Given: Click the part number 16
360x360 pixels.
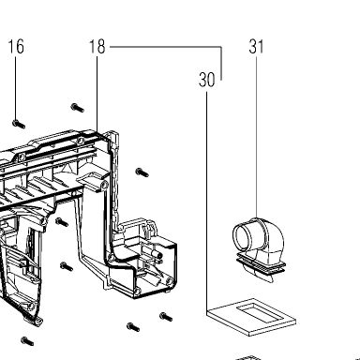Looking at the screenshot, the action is point(16,47).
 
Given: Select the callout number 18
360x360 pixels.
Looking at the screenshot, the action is point(97,47).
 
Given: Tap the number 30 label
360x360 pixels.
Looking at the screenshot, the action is point(207,80).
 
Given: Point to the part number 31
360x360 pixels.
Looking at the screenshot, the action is point(256,47).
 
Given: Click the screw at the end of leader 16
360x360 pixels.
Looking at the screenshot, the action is point(19,124).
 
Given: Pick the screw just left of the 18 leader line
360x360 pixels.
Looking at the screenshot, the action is point(78,108).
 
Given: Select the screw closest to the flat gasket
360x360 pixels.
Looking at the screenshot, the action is point(166,317).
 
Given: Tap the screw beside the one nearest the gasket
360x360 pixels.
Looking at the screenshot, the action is point(133,327).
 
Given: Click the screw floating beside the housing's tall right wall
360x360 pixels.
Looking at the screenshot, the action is point(142,172).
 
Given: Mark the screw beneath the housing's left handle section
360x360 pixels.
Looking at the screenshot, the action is point(27,341).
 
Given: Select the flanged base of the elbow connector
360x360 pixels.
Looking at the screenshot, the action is point(261,265).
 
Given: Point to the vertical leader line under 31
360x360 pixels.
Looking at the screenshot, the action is point(257,137).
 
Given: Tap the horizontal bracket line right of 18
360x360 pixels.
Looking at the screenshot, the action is point(166,47).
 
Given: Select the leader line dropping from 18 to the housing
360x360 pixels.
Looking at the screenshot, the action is point(97,95).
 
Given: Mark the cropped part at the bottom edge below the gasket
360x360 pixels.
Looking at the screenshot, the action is point(248,357).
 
